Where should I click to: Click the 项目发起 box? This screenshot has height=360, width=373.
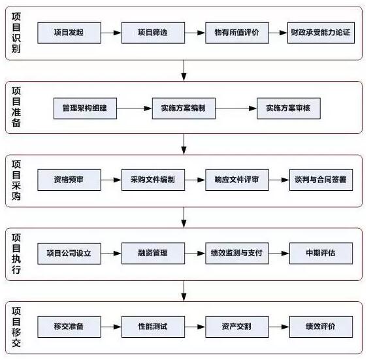(x=69, y=33)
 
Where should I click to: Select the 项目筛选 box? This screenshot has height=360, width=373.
(x=153, y=33)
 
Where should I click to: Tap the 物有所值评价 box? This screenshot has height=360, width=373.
(x=237, y=33)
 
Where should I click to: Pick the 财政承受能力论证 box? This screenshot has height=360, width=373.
(x=321, y=33)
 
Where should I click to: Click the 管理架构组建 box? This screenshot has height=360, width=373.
(x=85, y=108)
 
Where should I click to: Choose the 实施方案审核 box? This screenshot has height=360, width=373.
(x=289, y=108)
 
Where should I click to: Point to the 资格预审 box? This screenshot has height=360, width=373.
(x=69, y=180)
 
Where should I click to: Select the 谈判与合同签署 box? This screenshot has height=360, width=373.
(x=321, y=180)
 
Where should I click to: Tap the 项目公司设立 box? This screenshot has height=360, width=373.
(x=69, y=254)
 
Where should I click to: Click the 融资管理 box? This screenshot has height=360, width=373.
(x=153, y=254)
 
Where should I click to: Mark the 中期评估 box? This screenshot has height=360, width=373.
(x=321, y=254)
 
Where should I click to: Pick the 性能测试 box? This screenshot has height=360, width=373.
(x=153, y=327)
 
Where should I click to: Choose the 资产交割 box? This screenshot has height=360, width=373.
(x=237, y=327)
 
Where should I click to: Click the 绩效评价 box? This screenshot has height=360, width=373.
(x=321, y=327)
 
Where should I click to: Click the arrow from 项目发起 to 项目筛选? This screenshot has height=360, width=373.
(x=111, y=33)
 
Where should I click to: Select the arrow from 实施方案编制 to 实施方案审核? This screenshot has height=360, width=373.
(x=236, y=108)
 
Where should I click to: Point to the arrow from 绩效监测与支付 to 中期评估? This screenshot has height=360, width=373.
(x=279, y=254)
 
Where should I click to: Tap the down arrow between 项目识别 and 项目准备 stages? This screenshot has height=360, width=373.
(x=184, y=71)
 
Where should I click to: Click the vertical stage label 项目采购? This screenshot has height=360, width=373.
(x=16, y=180)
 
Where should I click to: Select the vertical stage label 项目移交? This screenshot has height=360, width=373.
(x=16, y=327)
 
